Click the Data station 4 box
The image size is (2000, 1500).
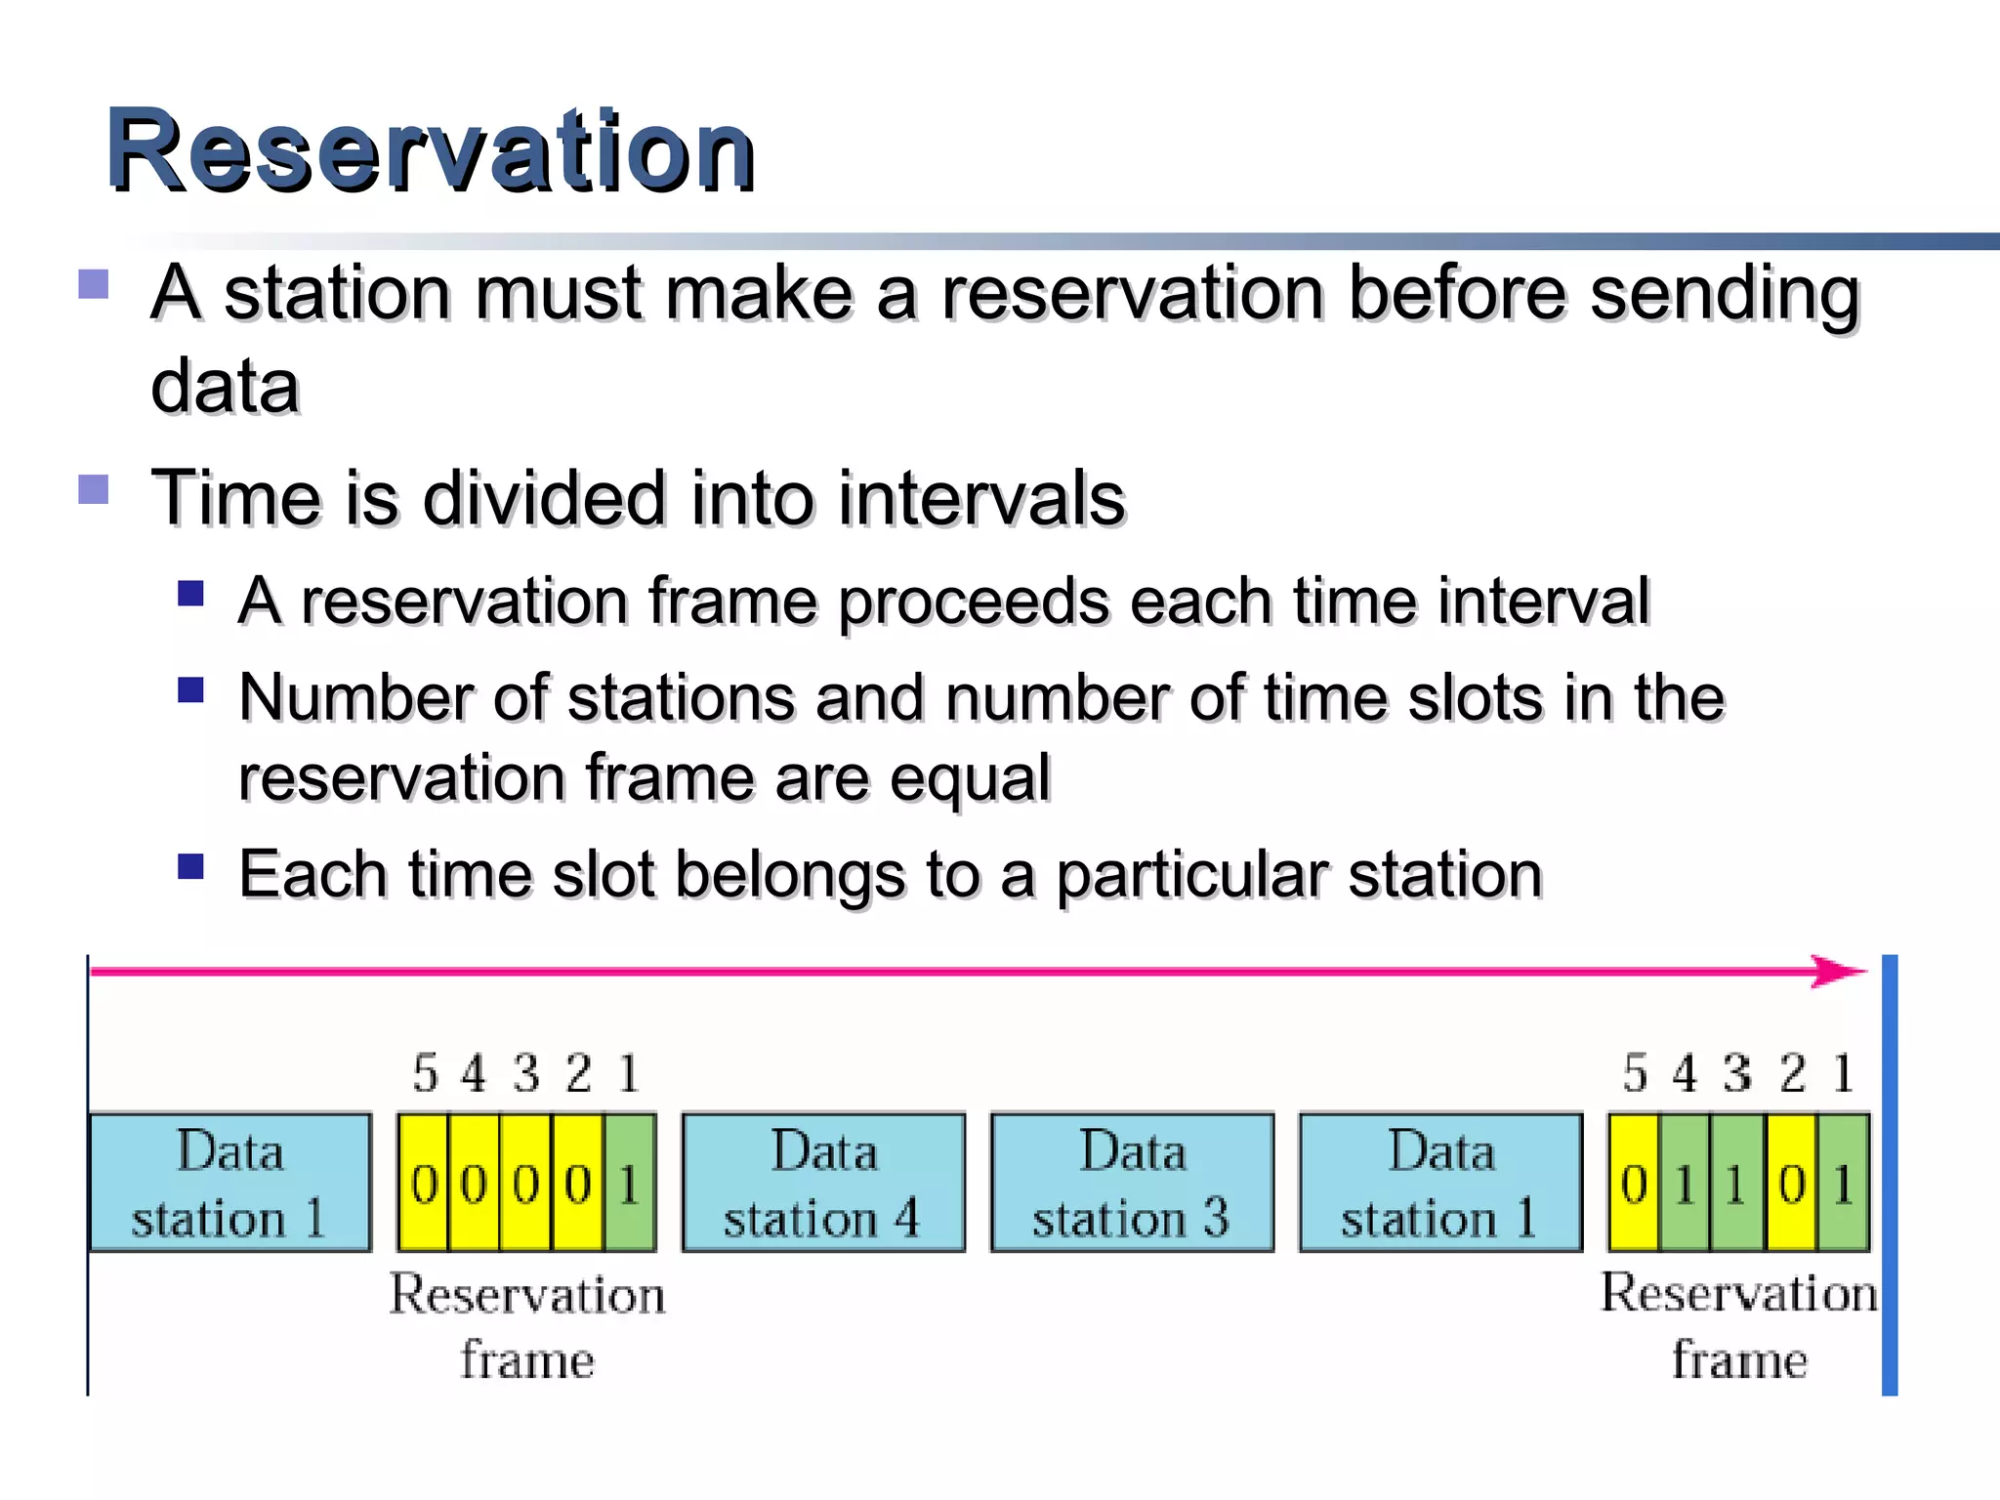point(823,1183)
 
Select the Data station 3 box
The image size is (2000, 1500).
point(1132,1183)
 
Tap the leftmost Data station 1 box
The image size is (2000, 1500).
point(230,1183)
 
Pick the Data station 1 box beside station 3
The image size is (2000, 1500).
point(1440,1183)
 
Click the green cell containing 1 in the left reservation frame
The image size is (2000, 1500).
point(630,1184)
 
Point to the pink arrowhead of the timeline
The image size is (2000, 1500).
point(1841,972)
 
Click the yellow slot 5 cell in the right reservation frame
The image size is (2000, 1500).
point(1634,1184)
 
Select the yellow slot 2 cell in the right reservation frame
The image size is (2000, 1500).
point(1791,1184)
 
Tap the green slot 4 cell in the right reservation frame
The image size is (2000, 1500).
point(1685,1184)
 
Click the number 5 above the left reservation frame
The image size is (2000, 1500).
point(425,1073)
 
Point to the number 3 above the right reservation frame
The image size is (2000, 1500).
point(1737,1073)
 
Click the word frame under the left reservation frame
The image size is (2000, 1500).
point(527,1359)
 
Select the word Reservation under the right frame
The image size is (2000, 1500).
point(1738,1293)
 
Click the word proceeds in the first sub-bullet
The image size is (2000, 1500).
point(974,601)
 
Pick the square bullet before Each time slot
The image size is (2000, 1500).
point(190,866)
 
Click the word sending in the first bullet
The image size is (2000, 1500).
point(1725,293)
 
